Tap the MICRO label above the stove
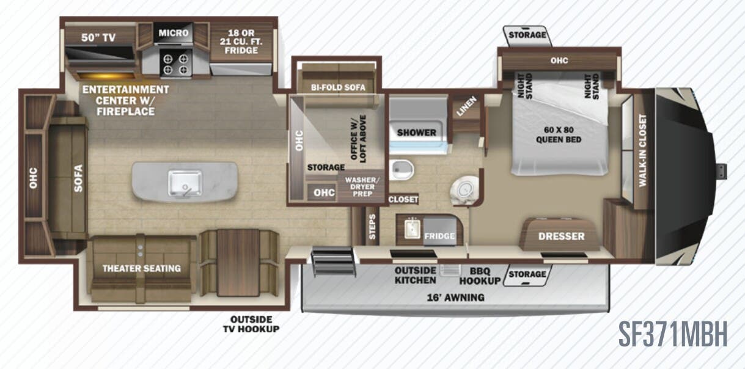pos(174,32)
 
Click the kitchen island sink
pos(185,181)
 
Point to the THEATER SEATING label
pos(141,268)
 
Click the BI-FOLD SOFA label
pos(337,87)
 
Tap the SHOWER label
pos(417,132)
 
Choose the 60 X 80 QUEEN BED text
pos(559,134)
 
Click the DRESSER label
pos(561,236)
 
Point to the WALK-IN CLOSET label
pos(642,150)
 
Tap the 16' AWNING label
pos(457,298)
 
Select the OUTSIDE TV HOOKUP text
pos(254,324)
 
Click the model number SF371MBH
pos(672,334)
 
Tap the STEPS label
pos(372,227)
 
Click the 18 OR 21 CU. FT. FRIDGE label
pos(241,41)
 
